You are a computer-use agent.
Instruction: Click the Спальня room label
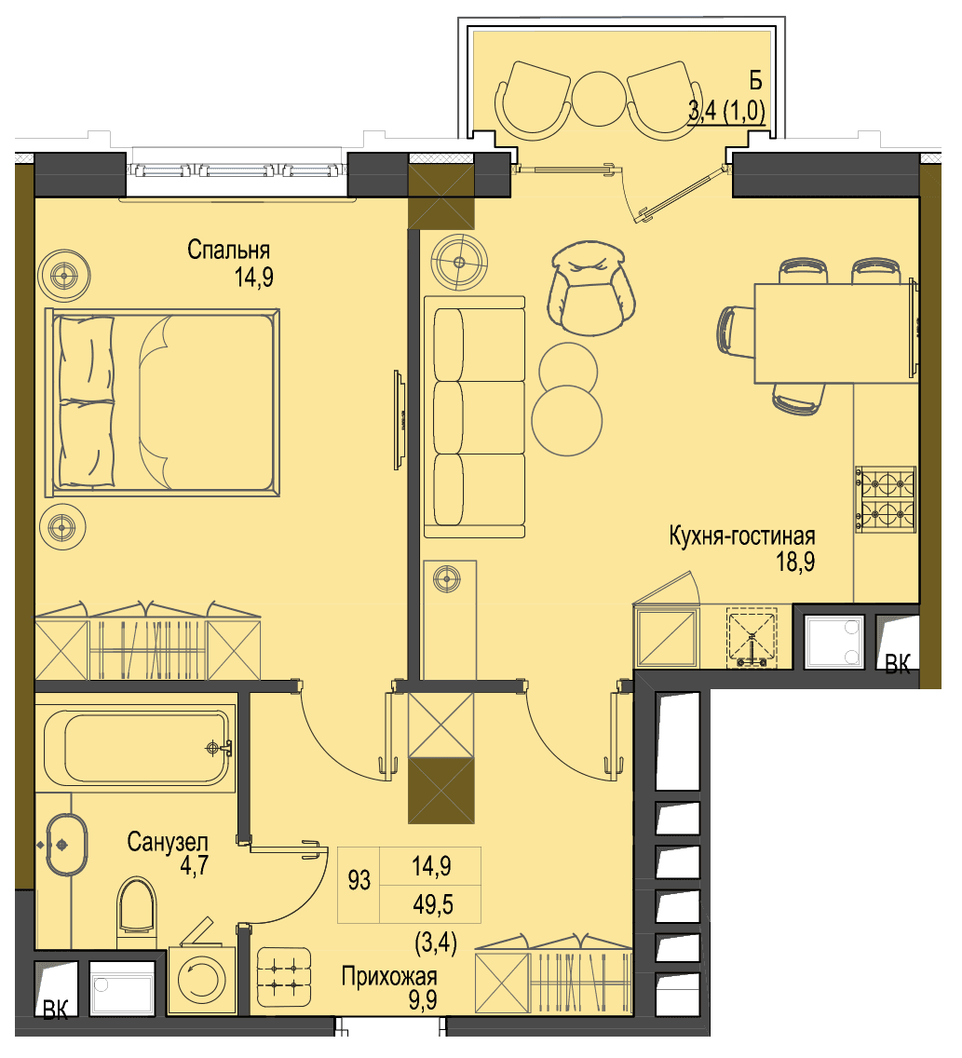click(228, 251)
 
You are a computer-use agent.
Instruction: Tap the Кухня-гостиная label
click(742, 536)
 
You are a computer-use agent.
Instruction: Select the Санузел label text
click(168, 842)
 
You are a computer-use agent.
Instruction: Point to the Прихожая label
click(389, 976)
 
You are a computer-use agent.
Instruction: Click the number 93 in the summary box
click(359, 880)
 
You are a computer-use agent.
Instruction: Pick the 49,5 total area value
click(432, 904)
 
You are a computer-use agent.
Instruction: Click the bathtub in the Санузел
click(135, 748)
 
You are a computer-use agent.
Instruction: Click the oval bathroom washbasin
click(67, 844)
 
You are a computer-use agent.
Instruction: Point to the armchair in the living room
click(591, 288)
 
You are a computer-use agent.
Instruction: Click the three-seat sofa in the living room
click(474, 416)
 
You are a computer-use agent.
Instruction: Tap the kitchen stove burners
click(886, 499)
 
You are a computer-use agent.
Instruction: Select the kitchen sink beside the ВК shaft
click(833, 642)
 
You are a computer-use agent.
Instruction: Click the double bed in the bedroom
click(162, 403)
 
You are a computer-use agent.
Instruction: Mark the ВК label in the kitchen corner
click(897, 665)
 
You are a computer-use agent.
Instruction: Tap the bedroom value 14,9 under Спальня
click(253, 277)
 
